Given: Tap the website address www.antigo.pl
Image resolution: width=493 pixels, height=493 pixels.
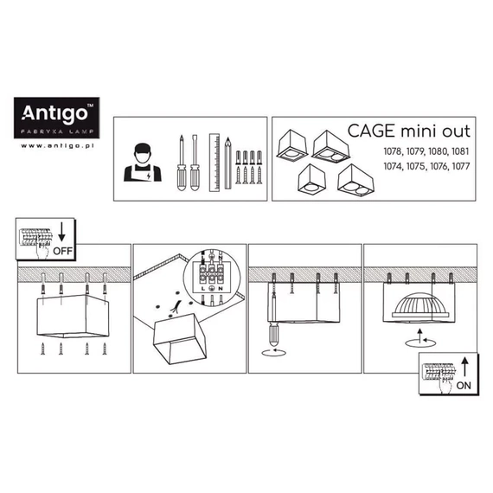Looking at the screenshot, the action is [57, 145].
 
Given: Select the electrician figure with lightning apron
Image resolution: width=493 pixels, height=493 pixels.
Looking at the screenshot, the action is [143, 163].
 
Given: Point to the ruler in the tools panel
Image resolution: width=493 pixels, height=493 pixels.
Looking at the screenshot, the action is [214, 163].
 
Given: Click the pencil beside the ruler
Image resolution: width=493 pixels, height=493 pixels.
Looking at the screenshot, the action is [228, 163].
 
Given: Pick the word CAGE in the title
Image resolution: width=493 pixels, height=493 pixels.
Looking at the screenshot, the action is [371, 131].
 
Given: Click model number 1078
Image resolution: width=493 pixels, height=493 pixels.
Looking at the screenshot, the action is [393, 151].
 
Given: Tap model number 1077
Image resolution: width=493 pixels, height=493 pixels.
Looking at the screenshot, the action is [461, 166].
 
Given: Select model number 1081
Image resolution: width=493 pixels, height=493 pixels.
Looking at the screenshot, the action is [460, 151].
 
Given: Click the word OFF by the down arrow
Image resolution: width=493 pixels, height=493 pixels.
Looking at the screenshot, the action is [62, 251].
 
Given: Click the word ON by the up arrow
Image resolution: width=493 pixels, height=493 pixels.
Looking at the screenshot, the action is [464, 386].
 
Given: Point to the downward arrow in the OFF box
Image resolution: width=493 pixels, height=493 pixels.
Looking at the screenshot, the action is [62, 232].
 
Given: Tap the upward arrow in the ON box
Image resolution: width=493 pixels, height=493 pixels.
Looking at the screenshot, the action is [464, 367].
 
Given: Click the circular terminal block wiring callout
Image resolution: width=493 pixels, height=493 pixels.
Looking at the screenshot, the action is [212, 278].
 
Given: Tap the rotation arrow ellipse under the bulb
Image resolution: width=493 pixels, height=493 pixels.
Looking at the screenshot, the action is [420, 343].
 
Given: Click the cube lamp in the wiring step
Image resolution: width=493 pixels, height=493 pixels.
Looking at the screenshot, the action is [180, 339].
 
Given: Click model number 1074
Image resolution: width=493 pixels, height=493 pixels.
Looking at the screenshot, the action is [393, 166].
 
